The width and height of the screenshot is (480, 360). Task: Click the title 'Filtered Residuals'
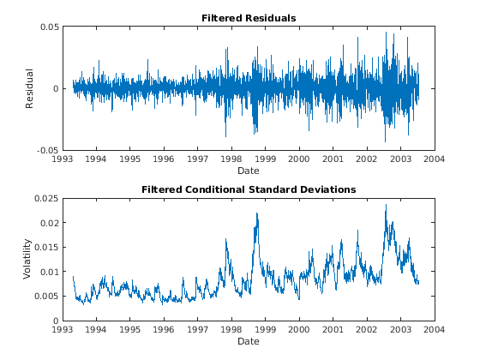click(249, 18)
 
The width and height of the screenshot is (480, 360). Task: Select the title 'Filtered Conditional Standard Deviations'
click(249, 189)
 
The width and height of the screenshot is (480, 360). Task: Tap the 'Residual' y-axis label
click(29, 88)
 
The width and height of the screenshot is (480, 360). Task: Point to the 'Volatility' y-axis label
click(27, 259)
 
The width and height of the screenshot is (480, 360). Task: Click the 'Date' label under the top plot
click(249, 171)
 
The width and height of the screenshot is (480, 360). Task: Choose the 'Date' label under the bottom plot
click(249, 341)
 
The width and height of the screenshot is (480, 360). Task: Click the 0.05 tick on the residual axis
click(50, 27)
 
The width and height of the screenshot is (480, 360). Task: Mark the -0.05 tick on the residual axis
click(47, 150)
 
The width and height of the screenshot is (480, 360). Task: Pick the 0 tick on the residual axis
click(56, 89)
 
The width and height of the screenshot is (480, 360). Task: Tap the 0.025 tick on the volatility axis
click(46, 198)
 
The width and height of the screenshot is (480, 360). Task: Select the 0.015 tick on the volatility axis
click(46, 248)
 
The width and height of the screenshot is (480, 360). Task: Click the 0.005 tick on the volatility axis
click(46, 297)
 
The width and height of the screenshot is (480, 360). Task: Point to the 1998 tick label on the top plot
click(231, 159)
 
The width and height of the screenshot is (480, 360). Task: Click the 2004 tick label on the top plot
click(435, 159)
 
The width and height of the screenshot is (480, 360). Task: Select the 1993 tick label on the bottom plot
click(63, 330)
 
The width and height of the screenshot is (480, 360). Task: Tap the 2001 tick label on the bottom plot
click(333, 330)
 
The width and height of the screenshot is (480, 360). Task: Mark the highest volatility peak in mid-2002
click(386, 205)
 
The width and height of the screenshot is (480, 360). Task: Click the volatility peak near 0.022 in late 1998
click(257, 213)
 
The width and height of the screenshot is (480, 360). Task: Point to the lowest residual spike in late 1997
click(226, 136)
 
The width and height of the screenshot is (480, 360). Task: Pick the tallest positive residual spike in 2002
click(386, 33)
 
